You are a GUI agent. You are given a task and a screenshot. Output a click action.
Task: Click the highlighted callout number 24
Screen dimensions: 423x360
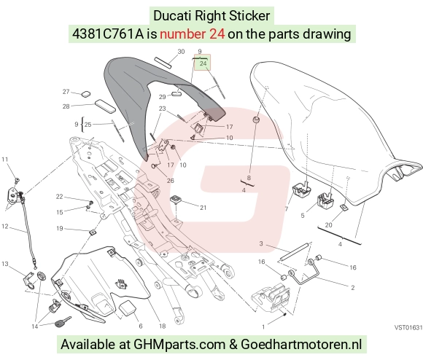203,63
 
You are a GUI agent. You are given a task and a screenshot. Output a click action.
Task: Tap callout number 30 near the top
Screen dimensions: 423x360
181,52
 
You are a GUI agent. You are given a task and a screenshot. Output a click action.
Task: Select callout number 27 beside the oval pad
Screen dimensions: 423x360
66,92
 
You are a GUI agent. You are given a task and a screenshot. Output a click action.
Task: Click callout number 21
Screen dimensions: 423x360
203,208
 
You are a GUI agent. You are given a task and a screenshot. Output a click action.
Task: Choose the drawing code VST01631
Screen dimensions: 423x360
408,328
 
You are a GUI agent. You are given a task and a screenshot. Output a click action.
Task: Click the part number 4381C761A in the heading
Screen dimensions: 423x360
108,34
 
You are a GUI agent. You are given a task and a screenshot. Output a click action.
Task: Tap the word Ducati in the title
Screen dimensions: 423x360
173,15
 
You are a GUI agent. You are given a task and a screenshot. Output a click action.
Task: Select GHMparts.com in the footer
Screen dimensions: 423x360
179,345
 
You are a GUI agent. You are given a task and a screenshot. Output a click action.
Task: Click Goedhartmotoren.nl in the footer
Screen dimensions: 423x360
301,344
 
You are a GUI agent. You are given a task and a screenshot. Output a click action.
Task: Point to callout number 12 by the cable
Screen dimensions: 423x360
5,226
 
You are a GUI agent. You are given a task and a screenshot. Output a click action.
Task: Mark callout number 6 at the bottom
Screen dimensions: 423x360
141,326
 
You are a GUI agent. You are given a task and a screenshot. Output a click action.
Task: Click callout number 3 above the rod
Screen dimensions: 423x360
261,243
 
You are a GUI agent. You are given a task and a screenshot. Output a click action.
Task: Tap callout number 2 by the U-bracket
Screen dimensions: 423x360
352,288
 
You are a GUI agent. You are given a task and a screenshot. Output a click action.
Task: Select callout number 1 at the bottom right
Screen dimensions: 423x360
263,327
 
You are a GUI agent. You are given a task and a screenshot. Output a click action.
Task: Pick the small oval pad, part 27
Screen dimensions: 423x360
86,94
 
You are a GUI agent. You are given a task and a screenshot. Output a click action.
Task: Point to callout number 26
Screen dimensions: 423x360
170,181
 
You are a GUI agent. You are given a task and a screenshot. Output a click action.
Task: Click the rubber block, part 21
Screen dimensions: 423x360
176,201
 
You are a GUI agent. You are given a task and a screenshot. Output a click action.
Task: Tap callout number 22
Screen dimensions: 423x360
59,197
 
